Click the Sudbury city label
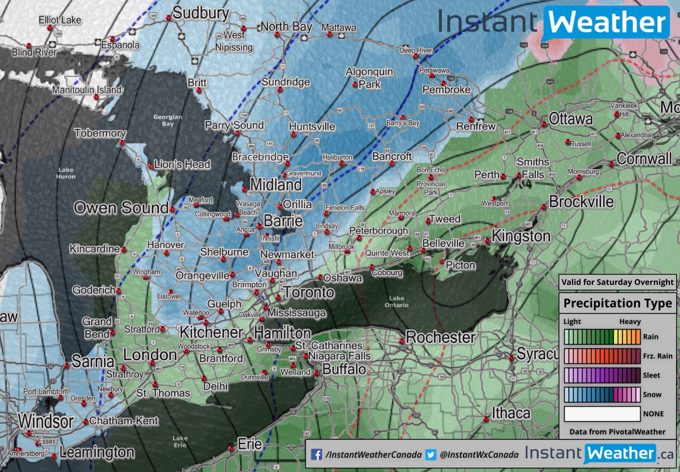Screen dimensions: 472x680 [x=200, y=13]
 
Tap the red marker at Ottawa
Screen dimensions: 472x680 [x=543, y=124]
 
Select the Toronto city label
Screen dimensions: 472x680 [x=309, y=292]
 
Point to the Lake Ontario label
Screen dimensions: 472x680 [x=397, y=302]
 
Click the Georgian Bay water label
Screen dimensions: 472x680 [x=167, y=120]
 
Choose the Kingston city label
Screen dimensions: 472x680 [x=521, y=236]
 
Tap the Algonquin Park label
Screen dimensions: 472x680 [x=369, y=78]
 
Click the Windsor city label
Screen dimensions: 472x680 [x=46, y=422]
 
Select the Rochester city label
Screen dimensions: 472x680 [x=441, y=337]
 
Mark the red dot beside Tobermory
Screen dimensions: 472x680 [x=122, y=143]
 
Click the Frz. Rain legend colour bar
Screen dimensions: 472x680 [x=602, y=356]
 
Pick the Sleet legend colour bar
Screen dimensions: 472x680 [x=602, y=375]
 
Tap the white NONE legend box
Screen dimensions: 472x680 [x=602, y=414]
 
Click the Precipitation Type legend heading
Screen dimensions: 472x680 [x=617, y=303]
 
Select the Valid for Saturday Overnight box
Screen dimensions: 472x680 [x=617, y=282]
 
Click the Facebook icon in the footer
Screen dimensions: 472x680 [x=317, y=455]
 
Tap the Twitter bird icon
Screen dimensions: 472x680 [x=431, y=455]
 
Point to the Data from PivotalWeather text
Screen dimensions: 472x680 [x=617, y=432]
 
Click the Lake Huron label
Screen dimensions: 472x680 [x=66, y=173]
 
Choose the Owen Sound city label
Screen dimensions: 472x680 [x=121, y=208]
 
